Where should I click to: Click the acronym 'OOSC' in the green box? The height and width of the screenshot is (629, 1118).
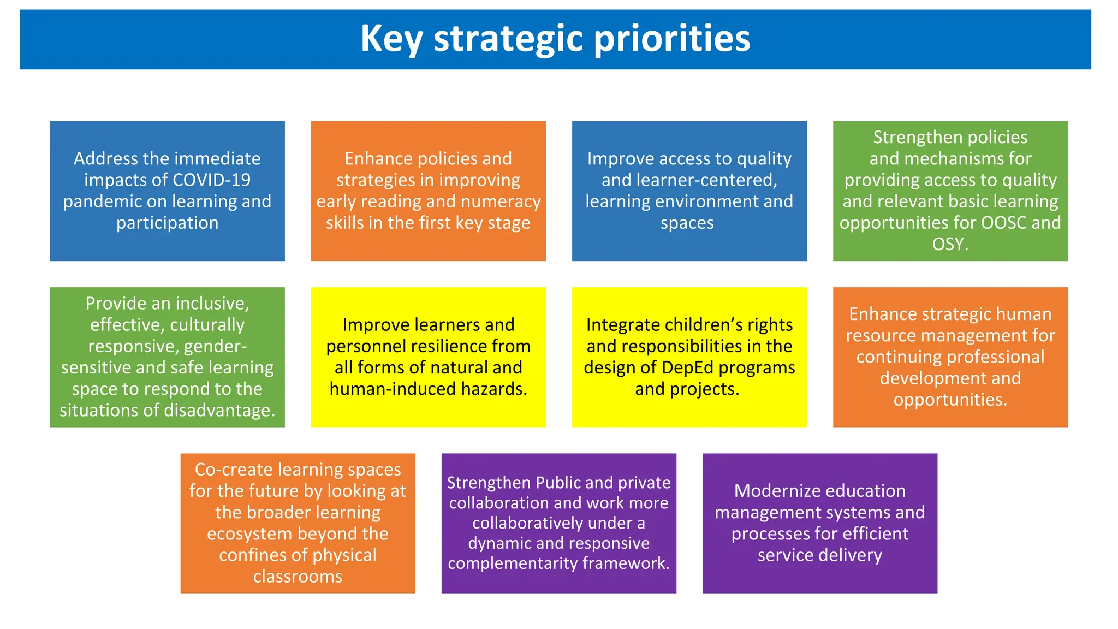point(1004,223)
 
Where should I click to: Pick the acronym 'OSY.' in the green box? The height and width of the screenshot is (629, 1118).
point(950,244)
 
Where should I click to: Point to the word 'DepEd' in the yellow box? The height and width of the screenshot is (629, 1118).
point(687,368)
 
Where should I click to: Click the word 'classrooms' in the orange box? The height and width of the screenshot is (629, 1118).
point(298,577)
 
